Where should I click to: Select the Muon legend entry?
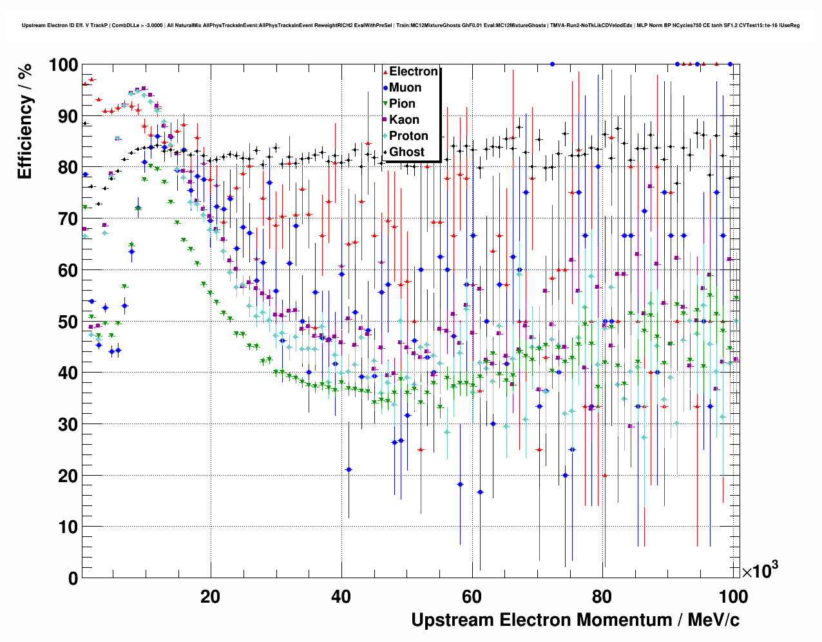click(x=405, y=88)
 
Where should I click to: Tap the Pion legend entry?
click(x=402, y=104)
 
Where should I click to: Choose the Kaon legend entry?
click(x=404, y=120)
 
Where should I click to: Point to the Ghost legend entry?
click(x=406, y=152)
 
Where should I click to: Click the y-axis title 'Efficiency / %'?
click(x=24, y=122)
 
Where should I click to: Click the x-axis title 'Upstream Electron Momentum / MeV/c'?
click(x=575, y=620)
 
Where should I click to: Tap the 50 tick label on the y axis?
click(x=64, y=322)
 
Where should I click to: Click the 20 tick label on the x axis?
click(x=210, y=597)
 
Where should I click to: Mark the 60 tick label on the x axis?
click(x=472, y=597)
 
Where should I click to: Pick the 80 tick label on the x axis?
click(x=603, y=597)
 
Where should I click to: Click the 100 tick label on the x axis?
click(x=733, y=597)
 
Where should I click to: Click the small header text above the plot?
click(x=410, y=25)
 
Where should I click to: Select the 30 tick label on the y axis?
click(x=64, y=424)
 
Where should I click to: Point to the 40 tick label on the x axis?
click(x=341, y=597)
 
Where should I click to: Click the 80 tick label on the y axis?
click(x=64, y=168)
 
